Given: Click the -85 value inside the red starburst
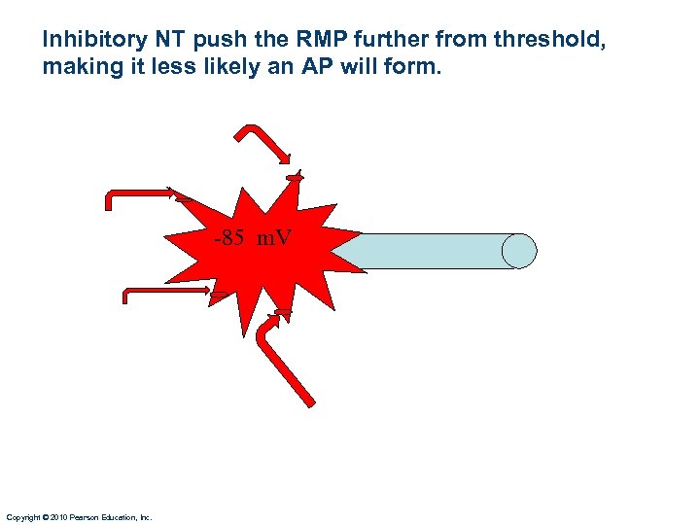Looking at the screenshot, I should pyautogui.click(x=230, y=237).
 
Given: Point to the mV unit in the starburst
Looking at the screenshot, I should pyautogui.click(x=273, y=237).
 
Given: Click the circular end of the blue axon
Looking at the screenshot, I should pyautogui.click(x=519, y=251).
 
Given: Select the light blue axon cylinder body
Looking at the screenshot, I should pyautogui.click(x=428, y=251).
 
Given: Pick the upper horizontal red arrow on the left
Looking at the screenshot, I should pyautogui.click(x=141, y=193).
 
